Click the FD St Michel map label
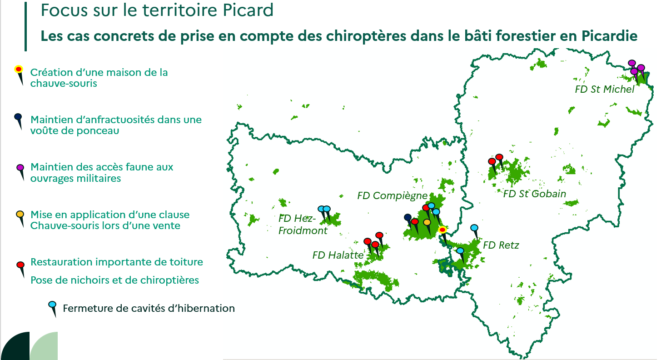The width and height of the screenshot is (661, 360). click(604, 89)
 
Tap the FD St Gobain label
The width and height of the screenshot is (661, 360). click(534, 194)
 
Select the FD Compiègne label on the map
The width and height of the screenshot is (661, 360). click(392, 195)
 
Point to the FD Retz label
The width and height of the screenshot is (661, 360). click(501, 245)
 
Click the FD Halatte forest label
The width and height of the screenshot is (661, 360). click(338, 255)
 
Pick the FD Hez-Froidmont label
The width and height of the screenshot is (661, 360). click(303, 225)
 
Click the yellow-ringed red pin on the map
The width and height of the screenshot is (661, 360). click(443, 235)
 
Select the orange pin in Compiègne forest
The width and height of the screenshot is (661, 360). click(427, 227)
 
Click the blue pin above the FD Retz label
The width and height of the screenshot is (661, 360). click(474, 232)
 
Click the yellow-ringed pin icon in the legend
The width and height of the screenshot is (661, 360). click(19, 75)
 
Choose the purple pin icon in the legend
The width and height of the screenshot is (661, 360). click(20, 172)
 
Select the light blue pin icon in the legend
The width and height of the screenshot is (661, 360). click(53, 309)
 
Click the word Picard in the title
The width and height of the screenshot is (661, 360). click(248, 10)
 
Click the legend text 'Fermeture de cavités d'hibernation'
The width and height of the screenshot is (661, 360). click(149, 308)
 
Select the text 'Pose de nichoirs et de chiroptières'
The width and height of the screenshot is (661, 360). click(115, 280)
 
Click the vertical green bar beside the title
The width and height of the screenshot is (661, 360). click(26, 26)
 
